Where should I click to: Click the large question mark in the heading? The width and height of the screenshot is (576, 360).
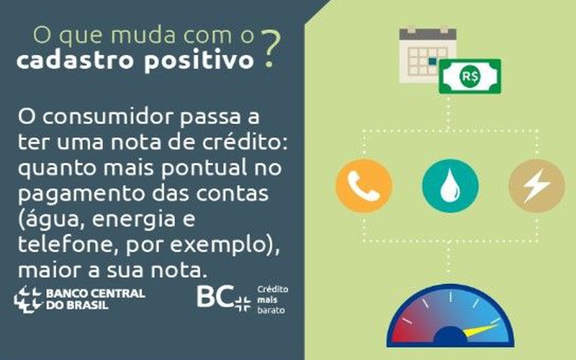tap(271, 49)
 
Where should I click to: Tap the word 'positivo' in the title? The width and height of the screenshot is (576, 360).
tap(199, 61)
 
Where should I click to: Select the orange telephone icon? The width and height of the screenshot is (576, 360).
tap(364, 186)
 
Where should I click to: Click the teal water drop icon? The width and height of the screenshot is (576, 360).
tap(450, 186)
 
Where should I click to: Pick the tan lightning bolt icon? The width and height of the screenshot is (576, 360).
tap(537, 186)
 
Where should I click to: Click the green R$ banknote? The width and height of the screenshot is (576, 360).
tap(470, 77)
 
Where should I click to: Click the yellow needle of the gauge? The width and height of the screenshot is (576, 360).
tap(480, 331)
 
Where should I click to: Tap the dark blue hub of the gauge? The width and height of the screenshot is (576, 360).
tap(450, 336)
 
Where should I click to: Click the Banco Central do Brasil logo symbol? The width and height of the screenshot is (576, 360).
tap(27, 299)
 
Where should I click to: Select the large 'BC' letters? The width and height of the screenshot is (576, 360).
tap(215, 296)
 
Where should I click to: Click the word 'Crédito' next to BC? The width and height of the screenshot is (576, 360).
tap(272, 289)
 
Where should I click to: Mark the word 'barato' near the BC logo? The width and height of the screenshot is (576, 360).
tap(271, 310)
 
